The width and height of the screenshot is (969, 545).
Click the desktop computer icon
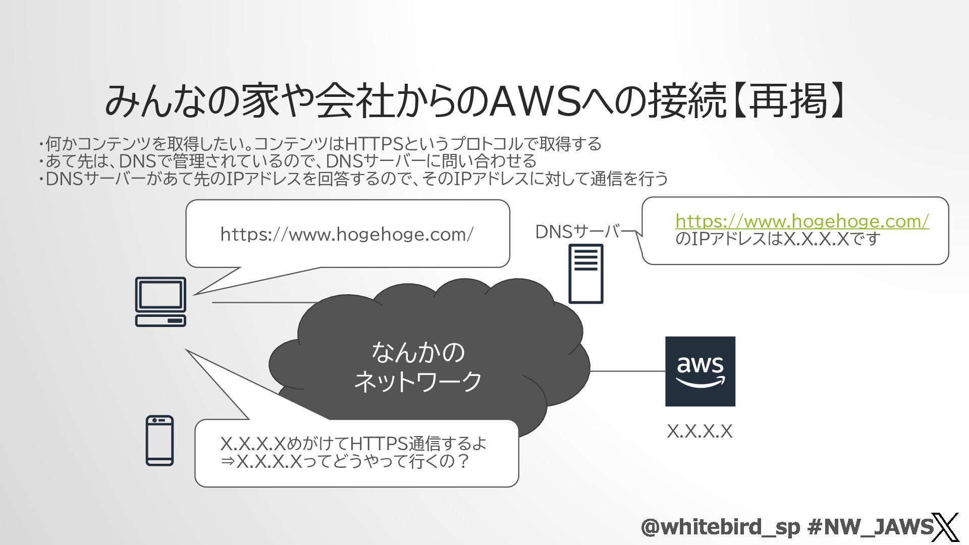[x=160, y=301]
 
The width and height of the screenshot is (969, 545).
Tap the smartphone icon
[x=159, y=440]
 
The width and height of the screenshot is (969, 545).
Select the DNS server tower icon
[x=585, y=274]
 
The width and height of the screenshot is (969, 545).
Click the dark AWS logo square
[x=700, y=371]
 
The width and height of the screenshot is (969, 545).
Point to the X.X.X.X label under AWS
[x=699, y=431]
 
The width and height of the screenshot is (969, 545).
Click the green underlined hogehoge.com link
[x=802, y=221]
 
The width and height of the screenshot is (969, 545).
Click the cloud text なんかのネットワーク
[x=418, y=367]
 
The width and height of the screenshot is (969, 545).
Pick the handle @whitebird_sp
[x=720, y=527]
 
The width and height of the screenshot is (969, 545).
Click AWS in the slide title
[x=535, y=101]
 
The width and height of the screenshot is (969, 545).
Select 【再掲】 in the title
[x=787, y=101]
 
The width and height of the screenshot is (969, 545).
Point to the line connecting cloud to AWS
[x=627, y=371]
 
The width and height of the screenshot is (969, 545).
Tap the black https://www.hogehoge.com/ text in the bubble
[x=347, y=234]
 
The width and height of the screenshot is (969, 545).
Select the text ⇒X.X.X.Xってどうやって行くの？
[x=345, y=461]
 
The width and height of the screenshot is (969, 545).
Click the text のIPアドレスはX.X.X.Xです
[x=778, y=239]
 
